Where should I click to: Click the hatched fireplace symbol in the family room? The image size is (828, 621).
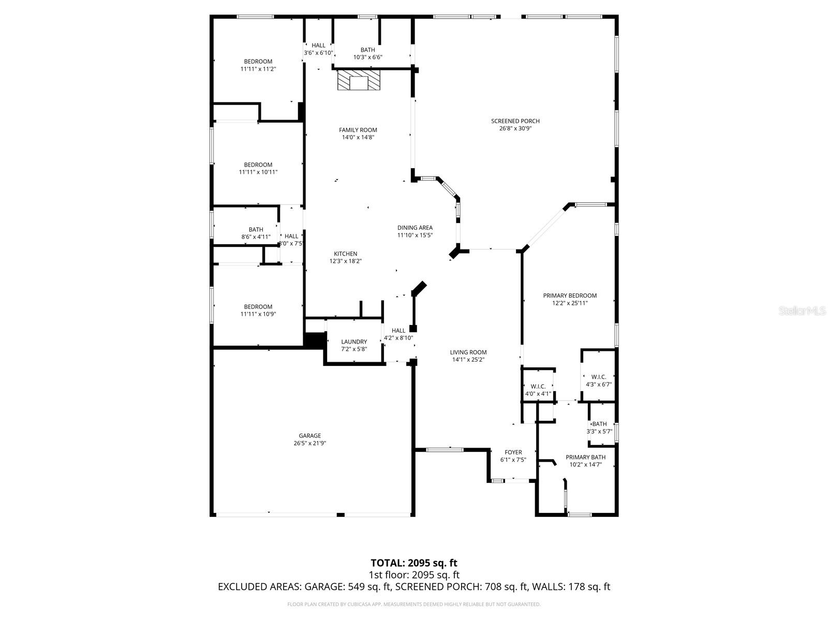[x=358, y=81]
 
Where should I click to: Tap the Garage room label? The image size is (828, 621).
[x=309, y=436]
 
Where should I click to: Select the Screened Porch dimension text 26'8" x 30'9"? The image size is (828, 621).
[x=515, y=128]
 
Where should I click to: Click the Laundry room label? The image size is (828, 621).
[x=354, y=342]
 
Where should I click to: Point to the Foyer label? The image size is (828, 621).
[x=513, y=452]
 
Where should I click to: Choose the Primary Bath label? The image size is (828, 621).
[x=585, y=457]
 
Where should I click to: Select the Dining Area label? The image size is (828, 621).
[x=415, y=228]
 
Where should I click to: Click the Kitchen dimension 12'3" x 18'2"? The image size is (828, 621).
[x=345, y=261]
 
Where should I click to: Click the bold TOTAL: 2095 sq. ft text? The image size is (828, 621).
[x=413, y=563]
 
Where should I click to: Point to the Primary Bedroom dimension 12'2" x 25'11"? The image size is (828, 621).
[x=570, y=303]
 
